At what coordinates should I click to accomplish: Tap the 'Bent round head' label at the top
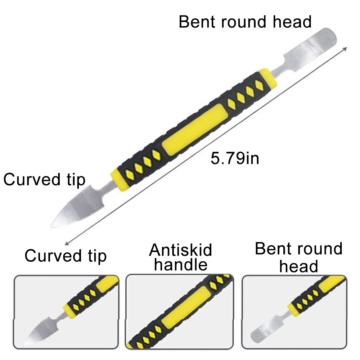click(245, 22)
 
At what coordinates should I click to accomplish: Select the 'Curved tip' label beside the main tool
click(44, 180)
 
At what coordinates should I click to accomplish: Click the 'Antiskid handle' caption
click(181, 257)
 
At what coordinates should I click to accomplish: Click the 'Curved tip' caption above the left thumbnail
click(66, 256)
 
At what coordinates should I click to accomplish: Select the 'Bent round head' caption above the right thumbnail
click(298, 257)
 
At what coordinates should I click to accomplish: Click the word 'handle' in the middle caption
click(181, 265)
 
